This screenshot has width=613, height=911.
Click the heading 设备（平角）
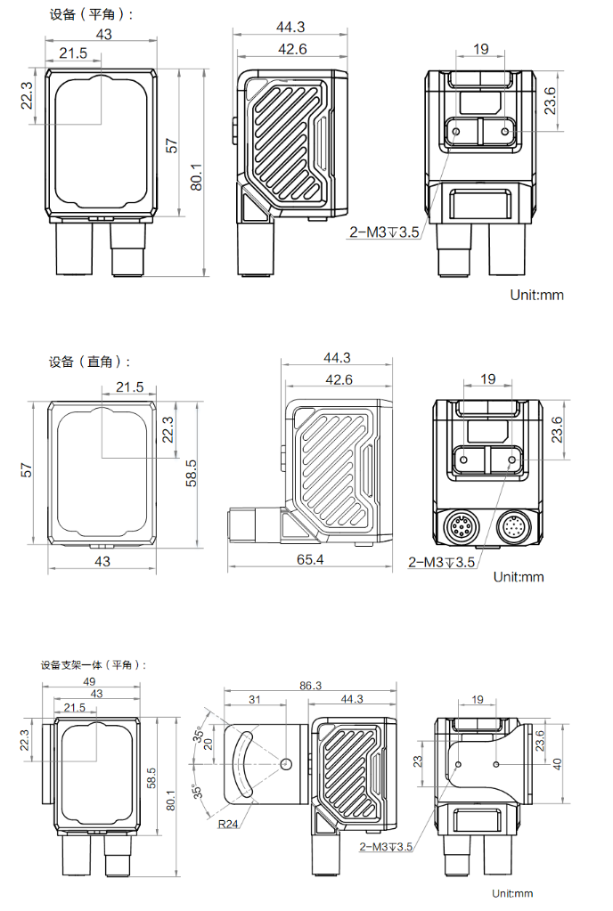click(89, 15)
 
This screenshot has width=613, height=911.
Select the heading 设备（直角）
click(89, 362)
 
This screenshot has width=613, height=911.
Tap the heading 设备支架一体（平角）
click(93, 664)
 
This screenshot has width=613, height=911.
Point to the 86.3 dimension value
click(310, 686)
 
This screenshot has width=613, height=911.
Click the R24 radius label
click(228, 824)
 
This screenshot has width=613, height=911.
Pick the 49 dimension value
click(90, 682)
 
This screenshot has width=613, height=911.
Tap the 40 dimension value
click(557, 764)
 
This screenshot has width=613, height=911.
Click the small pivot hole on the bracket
click(284, 764)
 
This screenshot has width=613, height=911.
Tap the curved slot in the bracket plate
click(242, 764)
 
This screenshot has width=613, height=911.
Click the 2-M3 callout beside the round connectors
click(442, 562)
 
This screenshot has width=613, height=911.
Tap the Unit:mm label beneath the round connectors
click(518, 576)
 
